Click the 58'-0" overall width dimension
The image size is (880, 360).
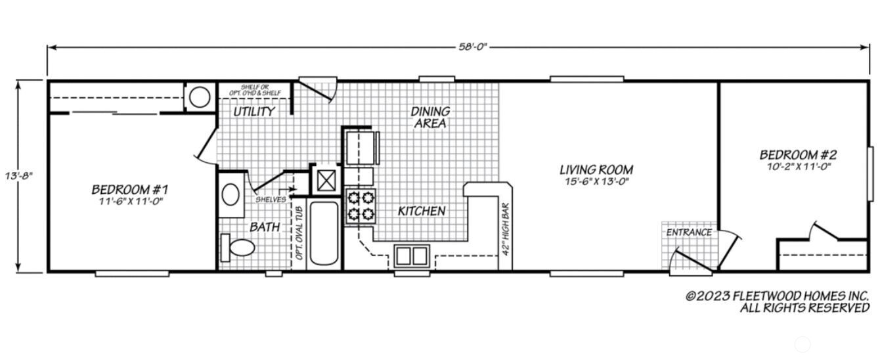[x=472, y=47]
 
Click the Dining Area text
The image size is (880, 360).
[x=430, y=117]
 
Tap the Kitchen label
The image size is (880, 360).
[x=422, y=211]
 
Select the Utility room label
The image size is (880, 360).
[x=254, y=112]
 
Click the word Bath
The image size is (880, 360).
[x=265, y=227]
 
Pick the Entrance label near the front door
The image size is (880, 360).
[x=689, y=232]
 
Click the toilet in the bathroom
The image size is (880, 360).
[x=238, y=248]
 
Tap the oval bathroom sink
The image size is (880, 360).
[x=231, y=194]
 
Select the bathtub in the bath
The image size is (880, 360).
[x=323, y=233]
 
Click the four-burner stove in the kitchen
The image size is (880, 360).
[x=359, y=205]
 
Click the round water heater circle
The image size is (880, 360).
[x=199, y=98]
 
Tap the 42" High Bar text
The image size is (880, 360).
[x=506, y=231]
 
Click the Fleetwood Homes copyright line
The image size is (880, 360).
[x=778, y=296]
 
